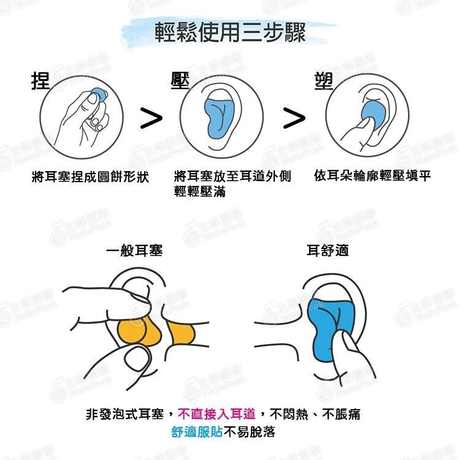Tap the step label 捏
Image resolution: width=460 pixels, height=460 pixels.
tap(40, 80)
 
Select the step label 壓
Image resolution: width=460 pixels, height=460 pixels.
tap(179, 80)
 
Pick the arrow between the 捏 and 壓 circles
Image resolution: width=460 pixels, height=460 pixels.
tap(151, 118)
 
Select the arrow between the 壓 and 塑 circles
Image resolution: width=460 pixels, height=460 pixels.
tap(294, 118)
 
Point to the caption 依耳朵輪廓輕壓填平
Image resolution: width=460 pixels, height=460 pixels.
tap(372, 176)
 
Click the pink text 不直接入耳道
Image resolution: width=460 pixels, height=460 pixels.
tap(217, 414)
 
